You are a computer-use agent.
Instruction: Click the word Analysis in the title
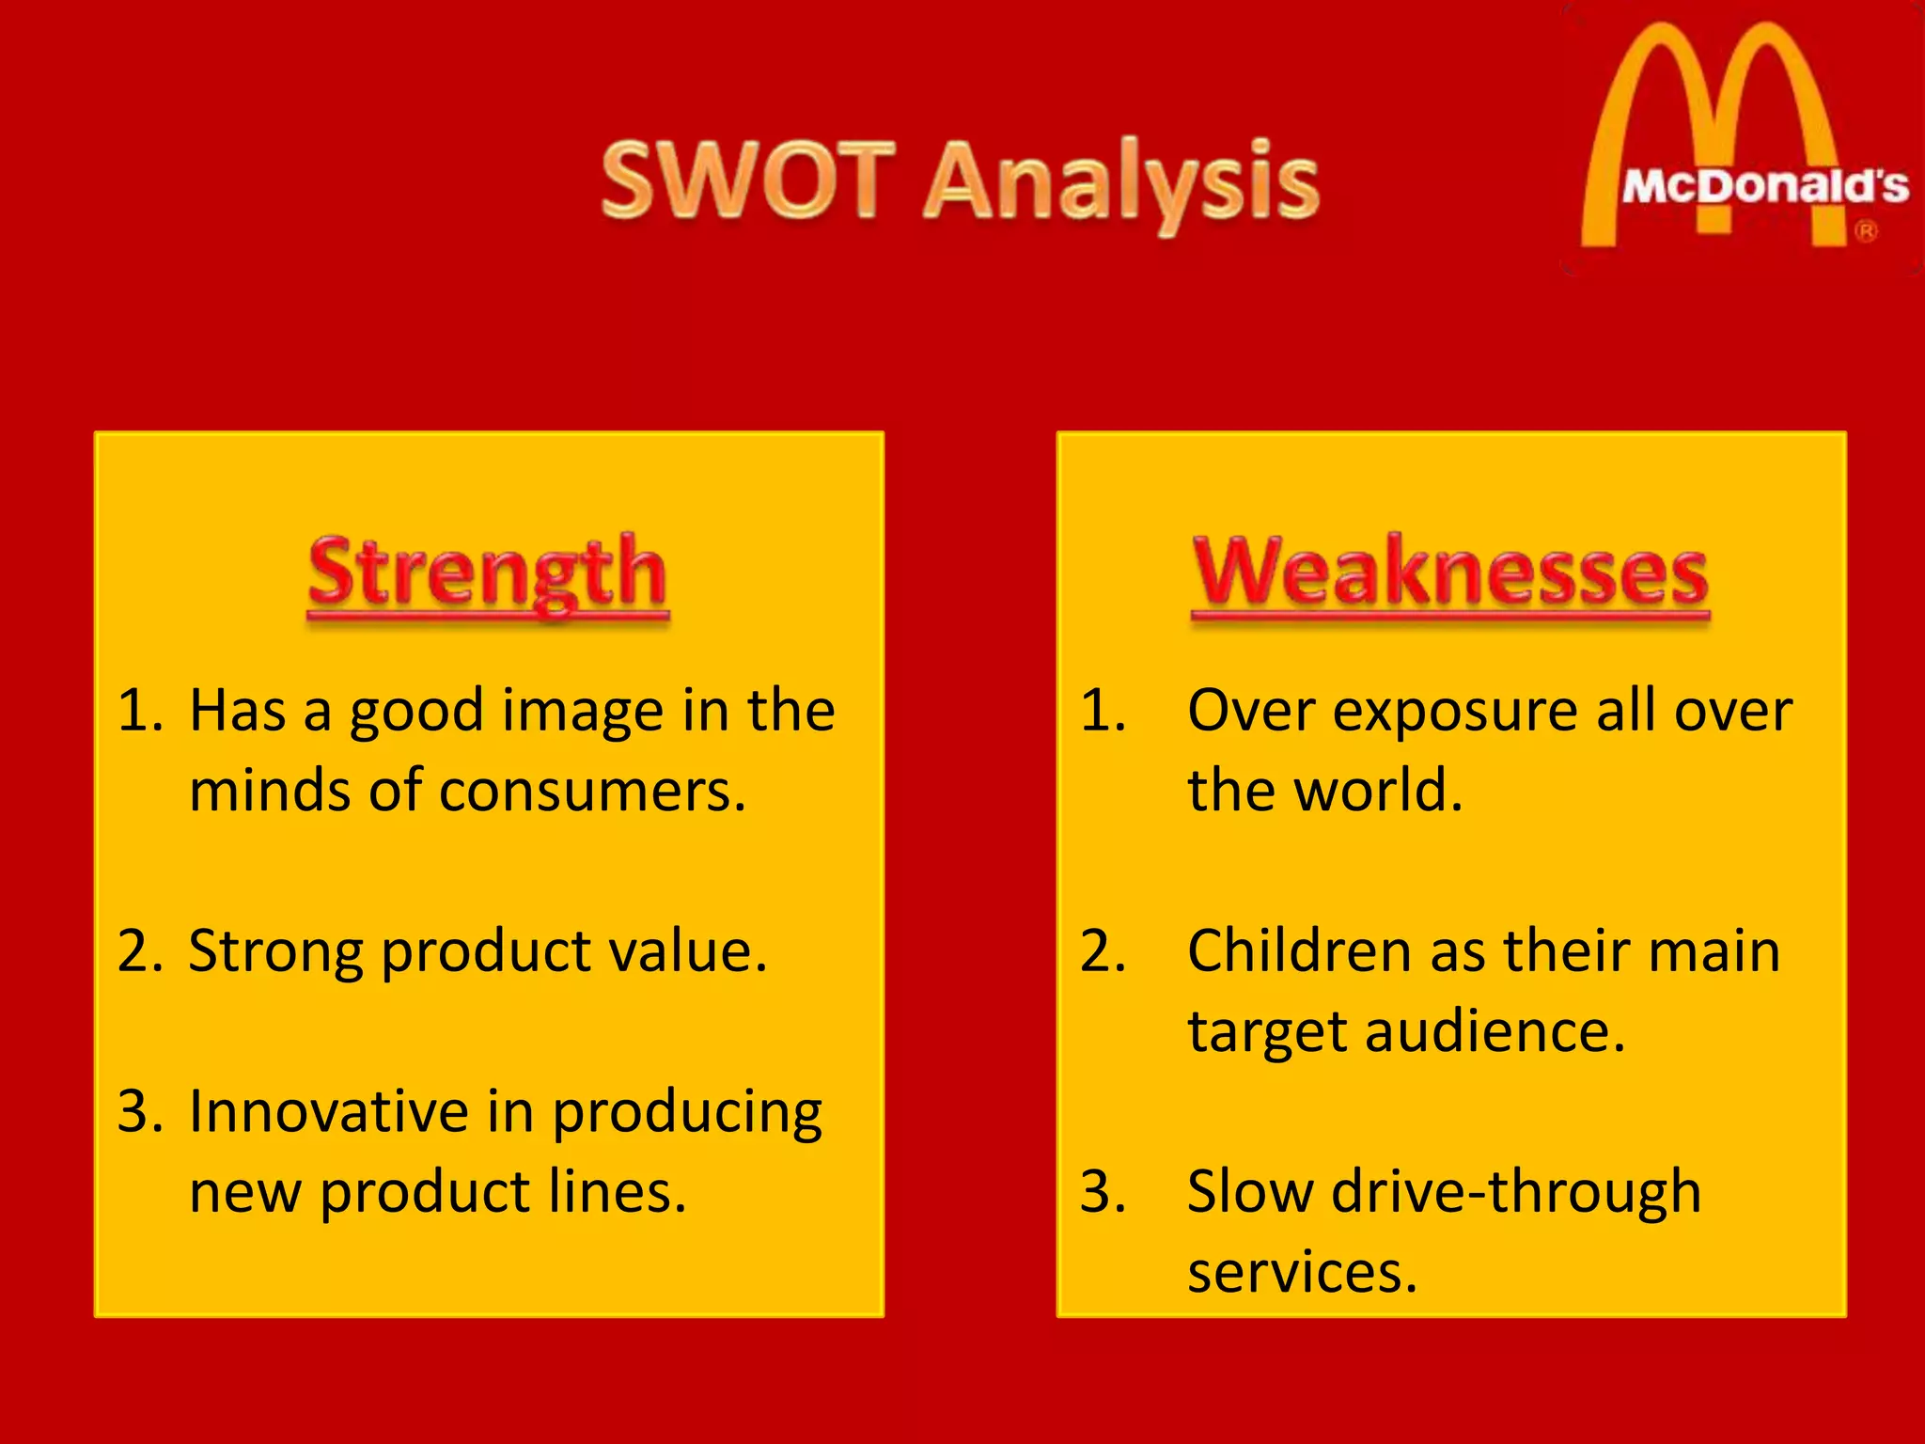click(1120, 183)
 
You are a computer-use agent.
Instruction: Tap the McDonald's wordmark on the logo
click(1764, 186)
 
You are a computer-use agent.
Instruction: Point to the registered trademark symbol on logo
click(1866, 231)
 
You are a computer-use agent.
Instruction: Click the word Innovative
click(328, 1112)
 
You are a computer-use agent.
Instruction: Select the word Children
click(1300, 951)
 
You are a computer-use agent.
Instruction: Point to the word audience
click(1495, 1032)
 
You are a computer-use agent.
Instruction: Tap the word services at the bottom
click(1302, 1273)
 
